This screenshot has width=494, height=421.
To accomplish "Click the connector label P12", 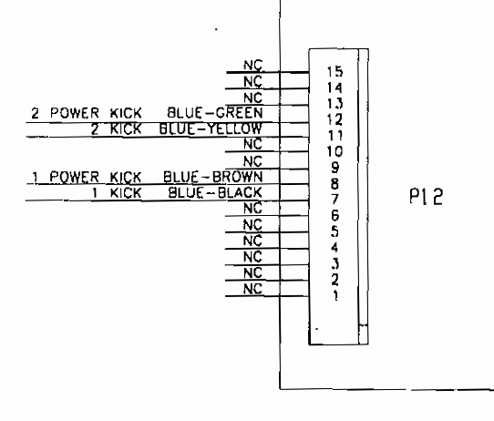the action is pyautogui.click(x=426, y=197).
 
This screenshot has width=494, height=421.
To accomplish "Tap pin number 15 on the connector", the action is pyautogui.click(x=334, y=71).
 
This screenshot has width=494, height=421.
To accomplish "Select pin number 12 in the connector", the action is pyautogui.click(x=334, y=119).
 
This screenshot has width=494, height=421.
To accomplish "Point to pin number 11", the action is pyautogui.click(x=334, y=136).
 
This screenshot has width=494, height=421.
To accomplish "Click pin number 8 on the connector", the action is pyautogui.click(x=334, y=183).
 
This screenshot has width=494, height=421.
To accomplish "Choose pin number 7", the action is pyautogui.click(x=334, y=200).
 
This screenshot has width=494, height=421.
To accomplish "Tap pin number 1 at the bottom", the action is pyautogui.click(x=335, y=295).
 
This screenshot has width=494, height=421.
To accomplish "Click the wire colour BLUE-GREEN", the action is pyautogui.click(x=214, y=113).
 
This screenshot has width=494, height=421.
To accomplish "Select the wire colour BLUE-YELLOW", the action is pyautogui.click(x=211, y=128).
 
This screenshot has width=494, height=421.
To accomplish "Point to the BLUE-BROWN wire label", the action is pyautogui.click(x=213, y=177).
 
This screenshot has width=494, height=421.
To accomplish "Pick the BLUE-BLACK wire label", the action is pyautogui.click(x=215, y=192).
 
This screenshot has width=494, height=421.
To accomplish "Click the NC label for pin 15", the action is pyautogui.click(x=252, y=66).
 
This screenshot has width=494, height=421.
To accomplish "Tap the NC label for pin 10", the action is pyautogui.click(x=252, y=144).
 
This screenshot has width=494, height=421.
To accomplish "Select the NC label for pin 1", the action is pyautogui.click(x=252, y=289).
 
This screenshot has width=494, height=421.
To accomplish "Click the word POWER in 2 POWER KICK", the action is pyautogui.click(x=75, y=113).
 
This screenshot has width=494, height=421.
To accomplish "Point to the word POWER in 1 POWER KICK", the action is pyautogui.click(x=75, y=177).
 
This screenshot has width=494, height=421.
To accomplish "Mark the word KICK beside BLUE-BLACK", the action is pyautogui.click(x=126, y=192).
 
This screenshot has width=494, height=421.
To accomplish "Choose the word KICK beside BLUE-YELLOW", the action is pyautogui.click(x=126, y=128).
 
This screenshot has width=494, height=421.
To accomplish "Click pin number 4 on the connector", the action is pyautogui.click(x=334, y=247).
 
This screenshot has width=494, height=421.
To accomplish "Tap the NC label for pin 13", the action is pyautogui.click(x=252, y=98).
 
